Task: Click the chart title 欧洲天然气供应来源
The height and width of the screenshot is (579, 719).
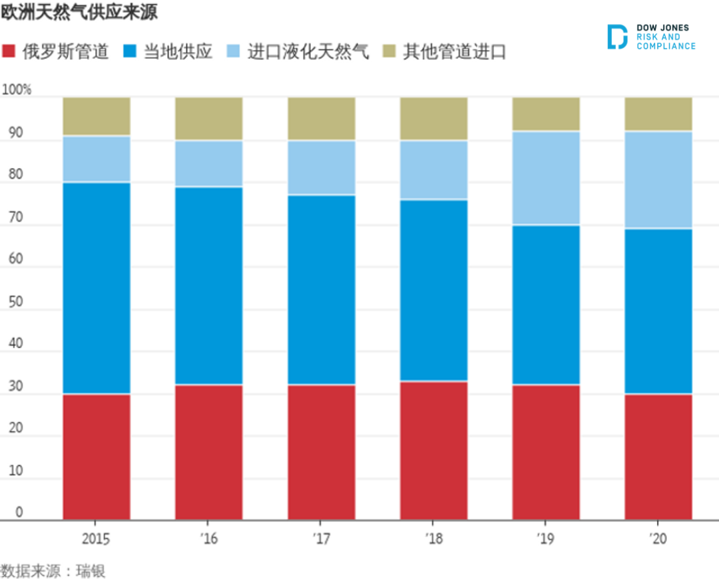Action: tap(79, 13)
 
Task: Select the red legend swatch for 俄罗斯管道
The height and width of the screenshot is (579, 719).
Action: tap(10, 52)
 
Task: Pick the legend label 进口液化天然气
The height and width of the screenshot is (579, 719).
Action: tap(308, 52)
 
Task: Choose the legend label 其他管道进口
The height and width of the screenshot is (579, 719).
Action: tap(454, 52)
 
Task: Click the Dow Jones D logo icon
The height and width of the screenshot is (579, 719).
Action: tap(617, 37)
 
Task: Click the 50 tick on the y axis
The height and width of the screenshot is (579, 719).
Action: tap(15, 301)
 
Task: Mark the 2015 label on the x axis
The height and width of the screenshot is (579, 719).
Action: tap(97, 538)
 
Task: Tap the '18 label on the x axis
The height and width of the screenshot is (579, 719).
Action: tap(433, 538)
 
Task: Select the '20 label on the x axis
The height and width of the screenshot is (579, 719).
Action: tap(658, 538)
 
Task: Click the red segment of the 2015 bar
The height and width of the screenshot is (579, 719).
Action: tap(97, 457)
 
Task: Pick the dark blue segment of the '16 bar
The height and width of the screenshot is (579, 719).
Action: tap(209, 286)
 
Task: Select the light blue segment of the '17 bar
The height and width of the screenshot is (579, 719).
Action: tap(322, 167)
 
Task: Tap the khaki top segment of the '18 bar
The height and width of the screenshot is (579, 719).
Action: tap(433, 118)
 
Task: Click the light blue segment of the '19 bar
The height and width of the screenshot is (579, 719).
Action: tap(546, 178)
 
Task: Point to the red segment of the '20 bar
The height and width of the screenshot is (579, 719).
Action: tap(658, 457)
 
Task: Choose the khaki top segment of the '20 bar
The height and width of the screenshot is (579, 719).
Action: tap(658, 114)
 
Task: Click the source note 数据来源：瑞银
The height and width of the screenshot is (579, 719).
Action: tap(53, 570)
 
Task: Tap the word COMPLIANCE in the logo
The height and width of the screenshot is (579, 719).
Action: tap(666, 47)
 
